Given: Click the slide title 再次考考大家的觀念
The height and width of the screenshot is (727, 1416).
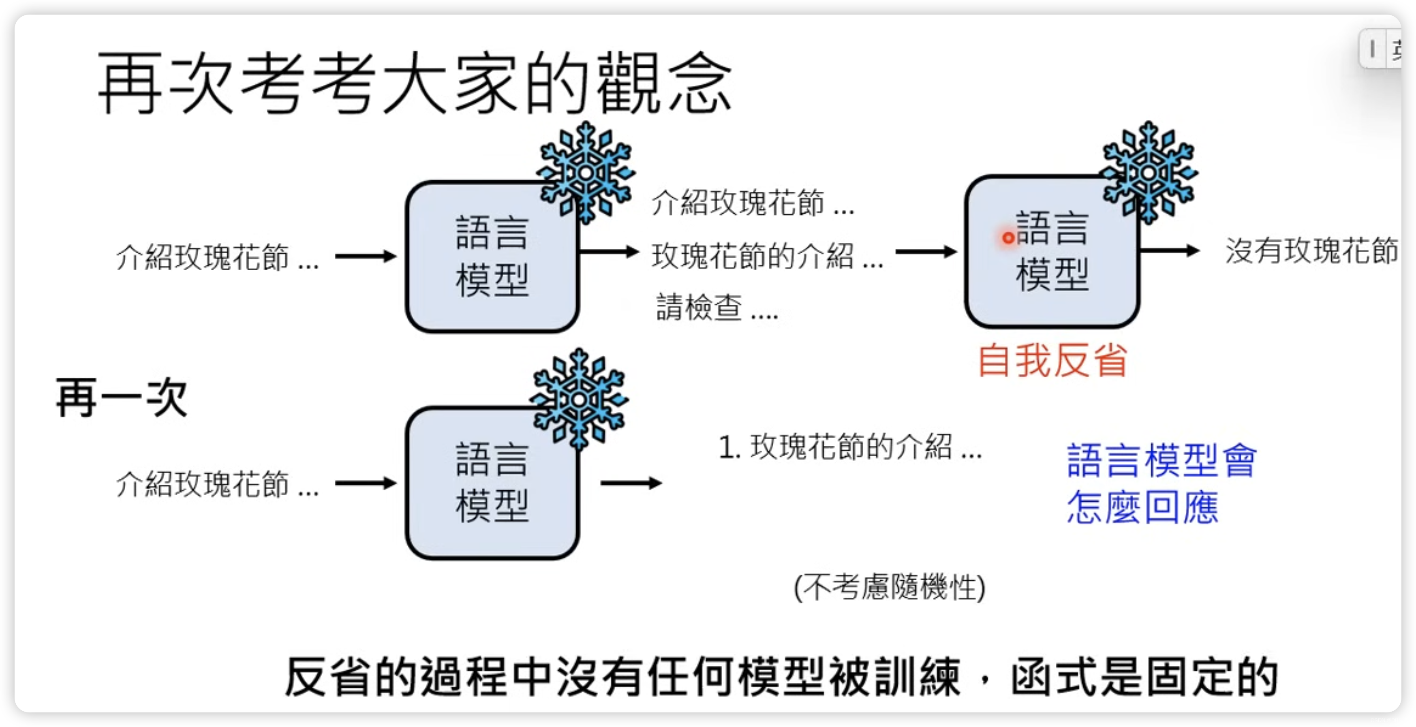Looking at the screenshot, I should coord(415,83).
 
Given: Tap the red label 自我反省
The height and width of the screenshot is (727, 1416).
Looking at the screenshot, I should coord(1052,361).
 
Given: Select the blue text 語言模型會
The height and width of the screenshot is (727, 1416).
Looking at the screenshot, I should coord(1161,460).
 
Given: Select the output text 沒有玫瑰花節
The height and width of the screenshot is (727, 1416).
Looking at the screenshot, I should coord(1311,251).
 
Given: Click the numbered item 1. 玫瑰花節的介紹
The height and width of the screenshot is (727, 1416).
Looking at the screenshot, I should coord(850,446).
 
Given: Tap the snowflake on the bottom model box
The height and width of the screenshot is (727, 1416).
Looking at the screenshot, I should coord(578,399).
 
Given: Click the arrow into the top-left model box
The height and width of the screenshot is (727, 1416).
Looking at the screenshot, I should coord(366,256).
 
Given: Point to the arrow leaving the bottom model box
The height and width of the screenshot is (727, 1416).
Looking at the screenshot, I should coord(631,483).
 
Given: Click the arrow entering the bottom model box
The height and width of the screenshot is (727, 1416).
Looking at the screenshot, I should coord(366,483).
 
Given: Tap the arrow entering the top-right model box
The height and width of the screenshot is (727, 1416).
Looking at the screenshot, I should coord(926,252).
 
